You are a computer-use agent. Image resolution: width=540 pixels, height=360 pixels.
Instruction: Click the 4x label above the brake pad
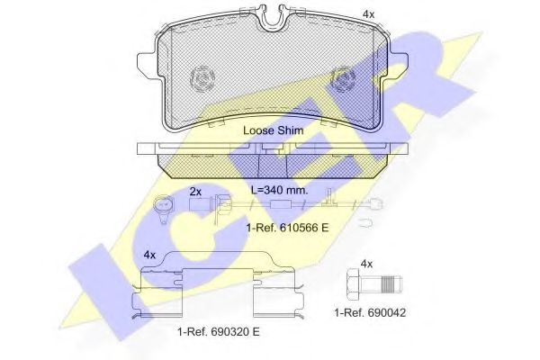(x=368, y=13)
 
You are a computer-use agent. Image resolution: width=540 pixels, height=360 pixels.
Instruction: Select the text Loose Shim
(x=273, y=130)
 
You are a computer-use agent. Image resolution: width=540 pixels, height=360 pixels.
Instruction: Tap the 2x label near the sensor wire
(x=194, y=192)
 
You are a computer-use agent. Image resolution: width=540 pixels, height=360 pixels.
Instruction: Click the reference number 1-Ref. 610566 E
(x=287, y=229)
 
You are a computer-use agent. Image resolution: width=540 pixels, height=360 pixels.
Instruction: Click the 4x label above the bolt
(x=366, y=264)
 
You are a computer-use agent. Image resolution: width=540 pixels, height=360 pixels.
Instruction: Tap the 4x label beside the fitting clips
(x=149, y=255)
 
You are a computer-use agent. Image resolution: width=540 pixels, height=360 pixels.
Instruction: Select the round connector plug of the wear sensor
(x=163, y=206)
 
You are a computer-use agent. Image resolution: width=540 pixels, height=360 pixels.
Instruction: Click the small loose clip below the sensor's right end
(x=374, y=220)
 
